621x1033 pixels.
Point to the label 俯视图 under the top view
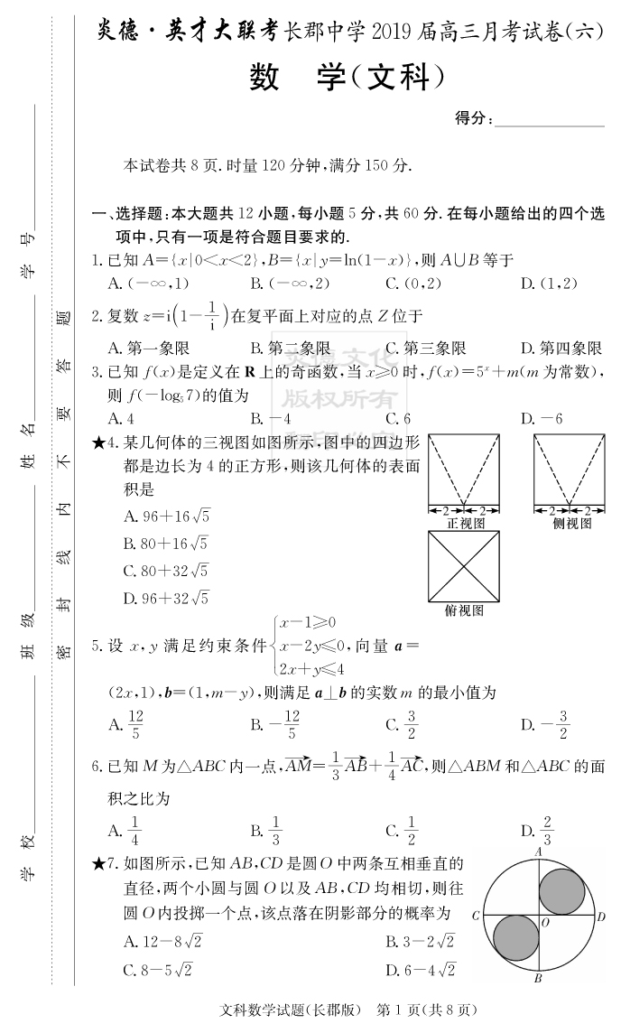pyautogui.click(x=464, y=610)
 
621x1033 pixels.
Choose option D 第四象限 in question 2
pyautogui.click(x=561, y=349)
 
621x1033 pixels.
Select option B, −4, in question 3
pyautogui.click(x=270, y=419)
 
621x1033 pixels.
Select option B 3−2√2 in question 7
pyautogui.click(x=421, y=942)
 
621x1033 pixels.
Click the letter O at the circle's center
pyautogui.click(x=544, y=922)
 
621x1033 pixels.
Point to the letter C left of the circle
pyautogui.click(x=475, y=916)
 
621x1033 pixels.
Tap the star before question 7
pyautogui.click(x=98, y=864)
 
